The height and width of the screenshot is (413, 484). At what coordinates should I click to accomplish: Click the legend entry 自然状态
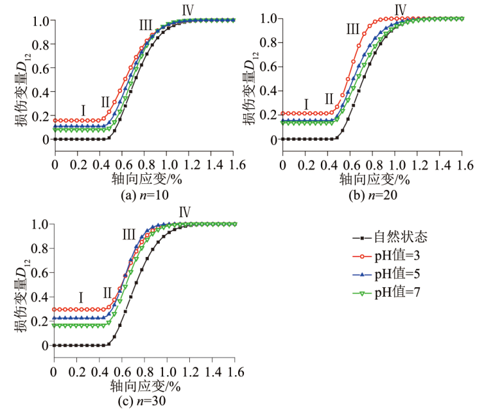(390, 237)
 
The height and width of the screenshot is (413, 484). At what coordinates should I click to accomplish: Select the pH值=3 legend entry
(386, 256)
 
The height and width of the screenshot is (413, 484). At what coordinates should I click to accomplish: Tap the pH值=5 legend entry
(386, 274)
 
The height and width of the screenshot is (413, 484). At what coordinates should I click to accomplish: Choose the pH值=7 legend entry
(386, 292)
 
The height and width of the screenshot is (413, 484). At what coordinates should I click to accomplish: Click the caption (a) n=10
(145, 195)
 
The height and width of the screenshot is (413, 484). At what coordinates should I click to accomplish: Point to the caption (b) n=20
(373, 195)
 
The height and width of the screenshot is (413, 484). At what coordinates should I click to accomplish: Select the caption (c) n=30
(142, 401)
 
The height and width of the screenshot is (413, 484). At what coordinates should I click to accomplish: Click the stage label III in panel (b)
(353, 29)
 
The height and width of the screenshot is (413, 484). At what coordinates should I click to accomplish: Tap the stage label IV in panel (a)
(188, 10)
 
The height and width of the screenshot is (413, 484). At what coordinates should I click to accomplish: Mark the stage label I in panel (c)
(81, 298)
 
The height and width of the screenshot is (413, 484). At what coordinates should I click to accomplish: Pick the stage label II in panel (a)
(105, 102)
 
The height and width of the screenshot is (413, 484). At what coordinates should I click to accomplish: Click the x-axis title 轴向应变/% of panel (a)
(146, 179)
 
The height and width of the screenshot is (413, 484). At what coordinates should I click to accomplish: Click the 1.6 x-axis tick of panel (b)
(462, 166)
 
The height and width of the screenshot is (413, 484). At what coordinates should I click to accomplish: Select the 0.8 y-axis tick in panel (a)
(40, 45)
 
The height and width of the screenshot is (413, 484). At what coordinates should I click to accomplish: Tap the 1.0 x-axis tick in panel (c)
(167, 373)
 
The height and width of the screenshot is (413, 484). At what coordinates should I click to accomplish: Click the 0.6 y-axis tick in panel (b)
(268, 67)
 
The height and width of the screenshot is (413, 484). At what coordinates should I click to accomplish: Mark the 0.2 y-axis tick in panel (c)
(40, 322)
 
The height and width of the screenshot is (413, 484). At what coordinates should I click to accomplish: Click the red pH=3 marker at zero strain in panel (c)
(54, 309)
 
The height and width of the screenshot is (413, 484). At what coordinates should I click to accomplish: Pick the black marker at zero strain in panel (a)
(55, 140)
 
